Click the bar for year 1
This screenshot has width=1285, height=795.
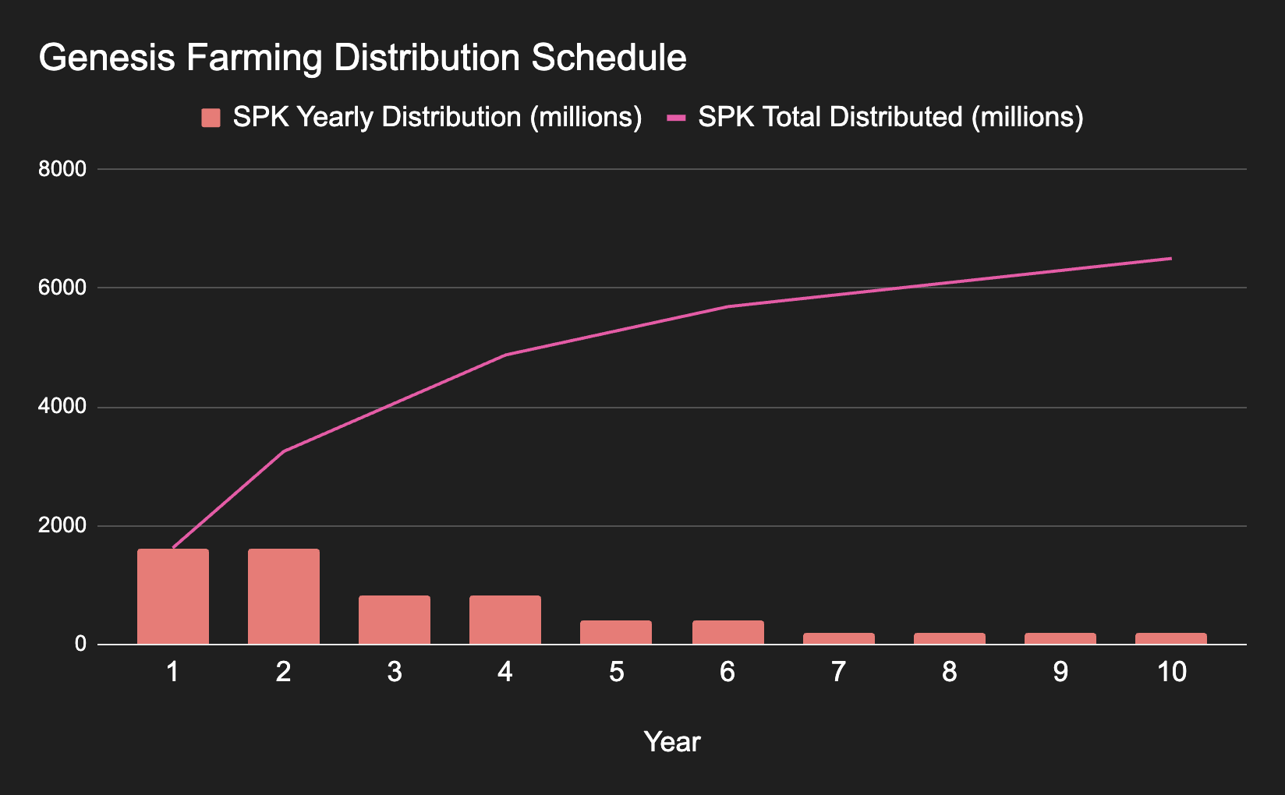(x=173, y=597)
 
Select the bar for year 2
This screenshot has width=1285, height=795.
(x=284, y=597)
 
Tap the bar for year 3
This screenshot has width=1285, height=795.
(x=395, y=620)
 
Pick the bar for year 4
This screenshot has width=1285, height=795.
(x=505, y=620)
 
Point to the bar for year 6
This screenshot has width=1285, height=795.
(x=727, y=633)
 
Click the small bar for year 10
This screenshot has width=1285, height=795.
(x=1171, y=639)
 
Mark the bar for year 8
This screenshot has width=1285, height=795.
(x=950, y=639)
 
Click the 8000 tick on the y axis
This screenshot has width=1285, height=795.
(x=62, y=169)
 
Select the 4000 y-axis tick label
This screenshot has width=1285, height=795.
(x=62, y=407)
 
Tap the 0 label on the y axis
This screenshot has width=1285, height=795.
(x=80, y=645)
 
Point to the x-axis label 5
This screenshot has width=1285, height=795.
(x=617, y=672)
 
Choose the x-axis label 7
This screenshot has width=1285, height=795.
(x=838, y=672)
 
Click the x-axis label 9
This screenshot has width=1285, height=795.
(x=1060, y=672)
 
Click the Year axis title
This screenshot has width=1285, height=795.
(x=672, y=742)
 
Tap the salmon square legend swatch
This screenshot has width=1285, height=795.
(x=211, y=118)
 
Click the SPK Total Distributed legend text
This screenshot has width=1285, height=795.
(x=890, y=117)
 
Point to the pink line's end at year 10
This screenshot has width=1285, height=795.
(x=1170, y=259)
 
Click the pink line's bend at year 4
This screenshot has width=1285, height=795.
(x=505, y=355)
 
